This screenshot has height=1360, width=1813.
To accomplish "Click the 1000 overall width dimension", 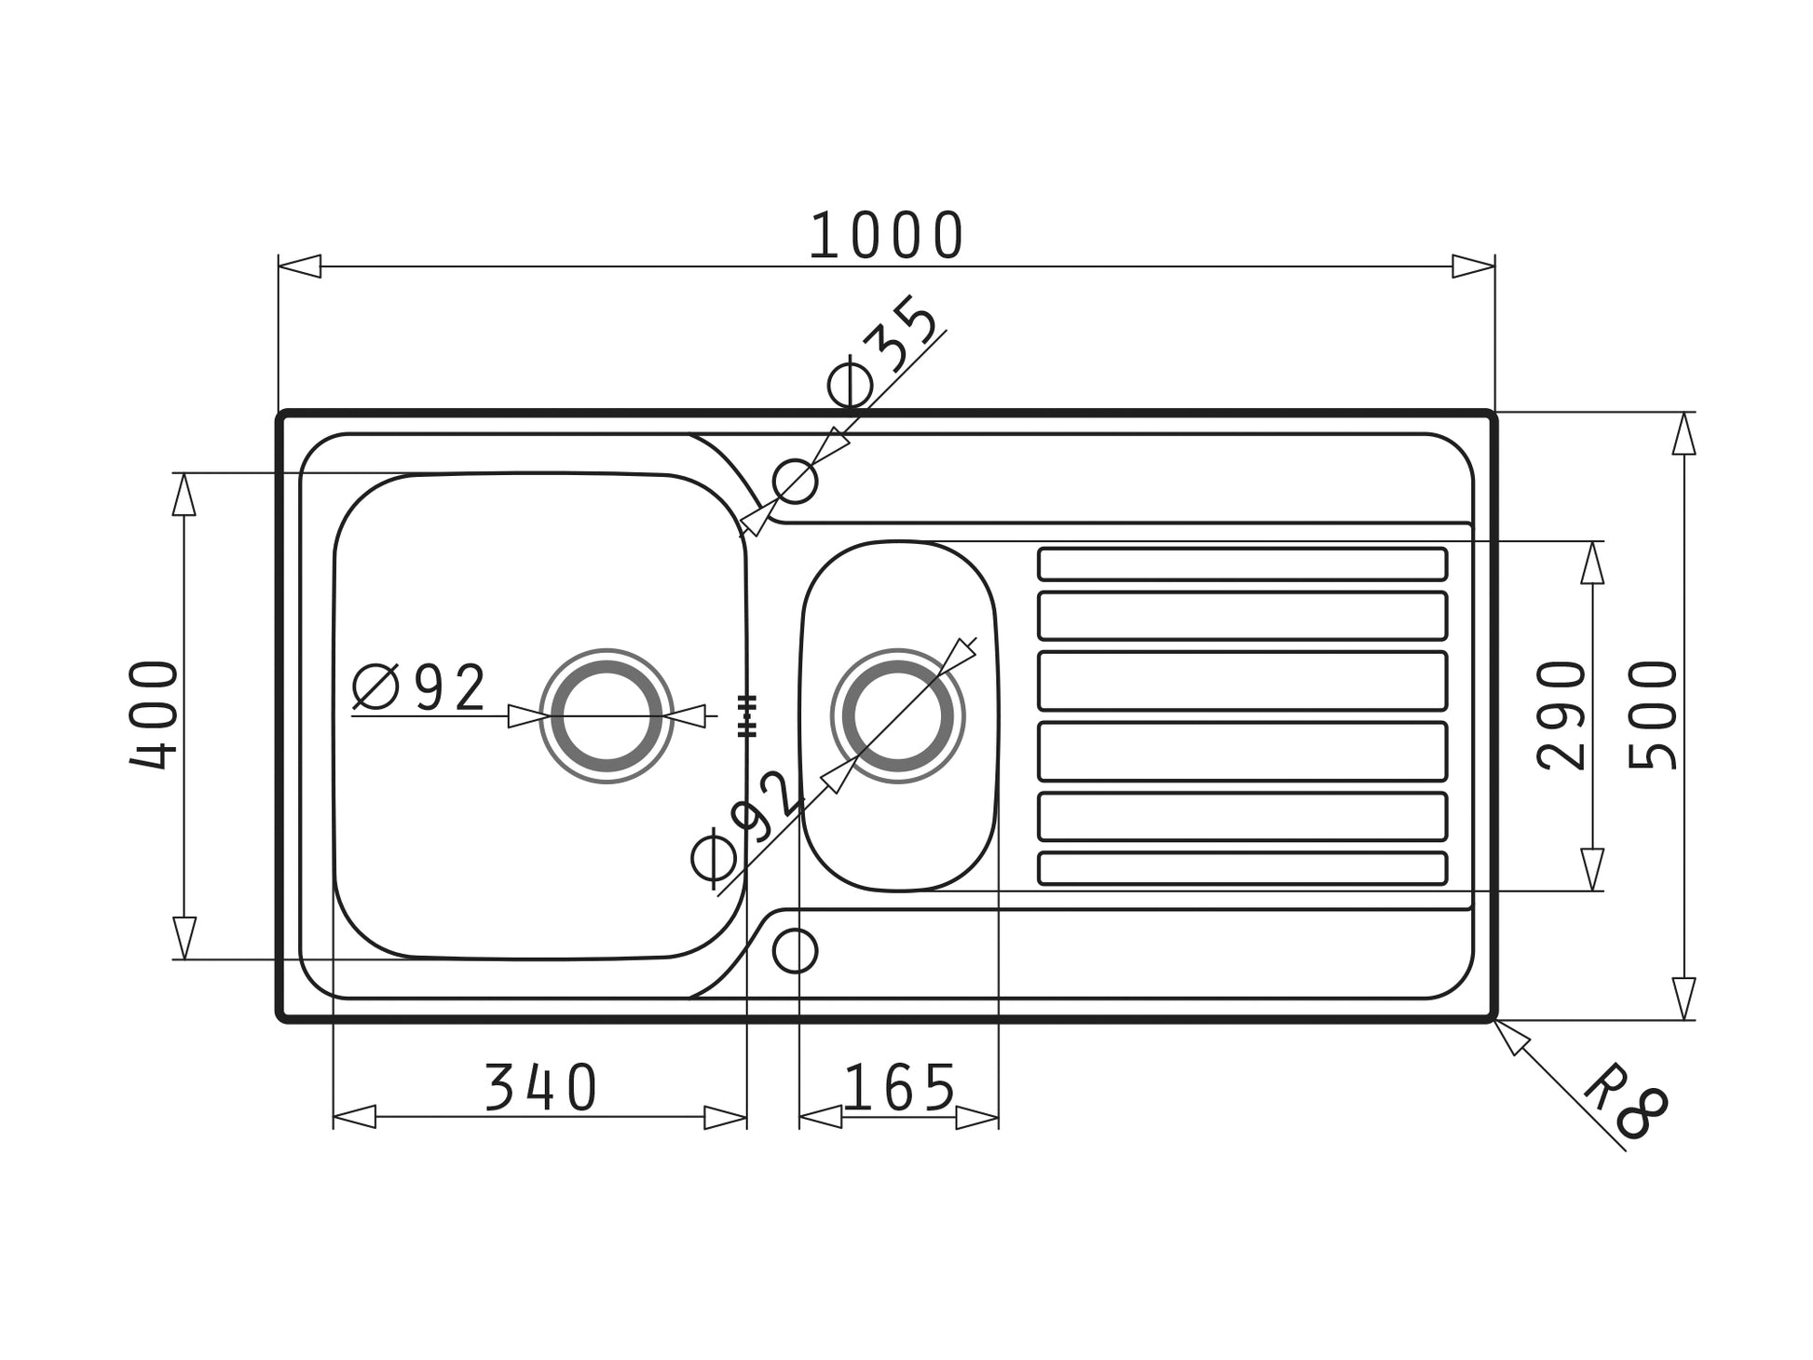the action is (x=886, y=236).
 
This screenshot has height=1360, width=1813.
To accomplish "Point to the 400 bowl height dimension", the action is (x=154, y=714).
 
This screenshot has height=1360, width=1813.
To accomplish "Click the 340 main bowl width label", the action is (x=541, y=1087).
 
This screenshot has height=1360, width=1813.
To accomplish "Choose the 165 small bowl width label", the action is (x=899, y=1087).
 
